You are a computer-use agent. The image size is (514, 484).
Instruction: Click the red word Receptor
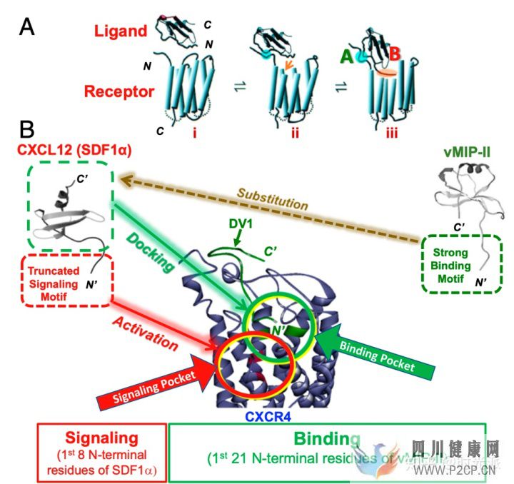pyautogui.click(x=119, y=91)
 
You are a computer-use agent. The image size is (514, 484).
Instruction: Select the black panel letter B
pyautogui.click(x=27, y=129)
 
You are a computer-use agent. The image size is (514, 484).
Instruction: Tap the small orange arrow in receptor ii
pyautogui.click(x=287, y=66)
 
